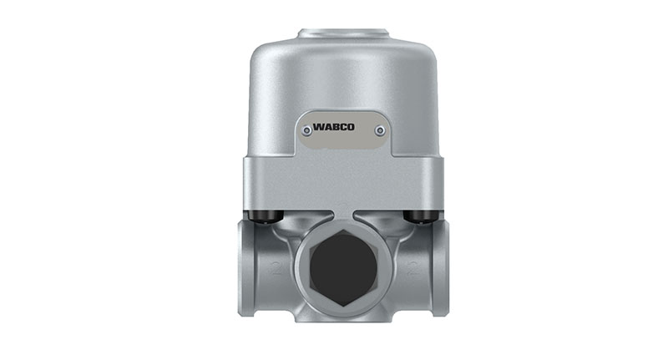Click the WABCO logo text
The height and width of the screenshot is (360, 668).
[333, 127]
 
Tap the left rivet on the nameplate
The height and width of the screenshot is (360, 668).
[306, 130]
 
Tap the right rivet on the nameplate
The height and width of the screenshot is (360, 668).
[380, 130]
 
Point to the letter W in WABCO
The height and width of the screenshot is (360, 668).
[319, 127]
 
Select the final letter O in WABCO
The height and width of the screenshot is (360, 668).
[350, 127]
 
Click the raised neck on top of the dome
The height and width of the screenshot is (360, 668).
[343, 33]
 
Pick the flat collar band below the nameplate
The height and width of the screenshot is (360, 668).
[343, 184]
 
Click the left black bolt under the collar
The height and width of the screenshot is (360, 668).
[265, 216]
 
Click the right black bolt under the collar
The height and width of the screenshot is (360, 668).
[420, 216]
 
